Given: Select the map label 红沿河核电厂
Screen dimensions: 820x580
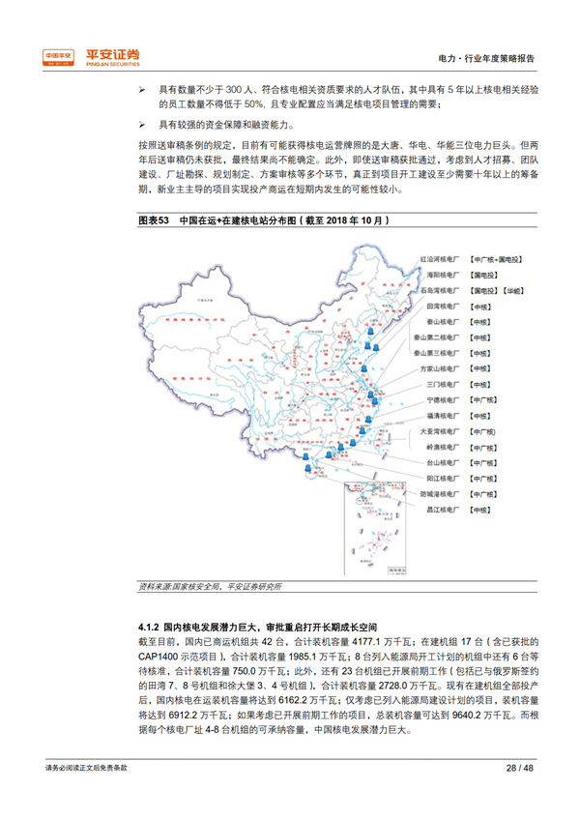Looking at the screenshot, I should click(441, 260).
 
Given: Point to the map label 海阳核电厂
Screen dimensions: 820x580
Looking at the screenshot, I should click(441, 276).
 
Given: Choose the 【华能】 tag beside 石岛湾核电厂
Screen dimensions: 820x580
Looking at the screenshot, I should click(513, 290).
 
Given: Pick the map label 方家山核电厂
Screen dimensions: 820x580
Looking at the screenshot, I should click(441, 368).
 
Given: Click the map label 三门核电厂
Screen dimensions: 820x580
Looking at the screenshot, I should click(441, 384).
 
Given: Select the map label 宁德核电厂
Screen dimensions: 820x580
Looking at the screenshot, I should click(441, 399).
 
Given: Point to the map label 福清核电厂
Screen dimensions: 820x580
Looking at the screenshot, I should click(441, 415).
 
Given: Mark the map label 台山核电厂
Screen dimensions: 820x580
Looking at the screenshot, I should click(441, 462).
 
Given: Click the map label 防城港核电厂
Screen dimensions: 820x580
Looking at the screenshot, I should click(441, 493).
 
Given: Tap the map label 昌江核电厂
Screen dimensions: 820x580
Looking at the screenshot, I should click(441, 509).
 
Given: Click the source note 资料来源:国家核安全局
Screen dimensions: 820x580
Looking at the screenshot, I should click(178, 585).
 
